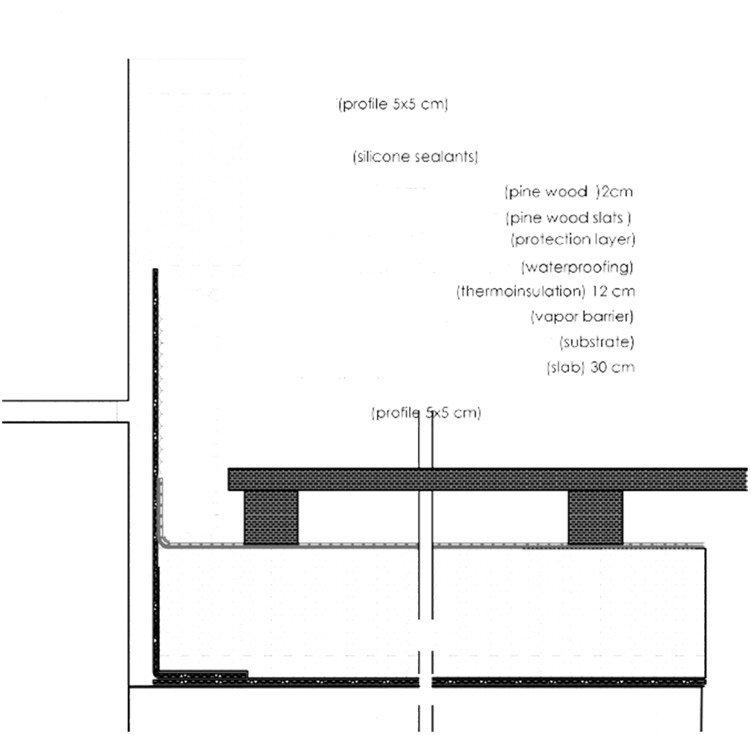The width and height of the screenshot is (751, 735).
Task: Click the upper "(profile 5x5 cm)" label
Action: pos(392,104)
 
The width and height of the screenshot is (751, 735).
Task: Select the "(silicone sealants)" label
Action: pos(415,156)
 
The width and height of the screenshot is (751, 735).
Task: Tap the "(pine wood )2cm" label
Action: pos(569,191)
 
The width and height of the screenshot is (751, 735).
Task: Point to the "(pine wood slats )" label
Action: pos(569,218)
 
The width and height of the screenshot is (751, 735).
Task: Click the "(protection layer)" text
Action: pos(573,239)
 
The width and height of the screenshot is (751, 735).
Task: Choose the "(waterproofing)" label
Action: pos(578,266)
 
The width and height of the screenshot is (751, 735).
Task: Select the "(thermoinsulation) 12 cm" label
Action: pos(546,292)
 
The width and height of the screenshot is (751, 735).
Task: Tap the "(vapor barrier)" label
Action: pos(582,316)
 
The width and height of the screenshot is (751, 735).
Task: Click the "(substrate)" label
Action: pos(597,342)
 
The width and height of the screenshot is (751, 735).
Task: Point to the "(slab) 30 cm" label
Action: pos(590,367)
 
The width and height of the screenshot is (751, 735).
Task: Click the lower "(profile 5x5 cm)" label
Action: pos(426,413)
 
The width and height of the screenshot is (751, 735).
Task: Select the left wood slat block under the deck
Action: pos(271,517)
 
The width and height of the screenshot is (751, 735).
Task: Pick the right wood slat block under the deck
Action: pos(595,517)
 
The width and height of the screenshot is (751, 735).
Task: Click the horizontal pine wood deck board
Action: pos(488,479)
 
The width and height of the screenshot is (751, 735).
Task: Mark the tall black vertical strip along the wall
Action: pos(155,449)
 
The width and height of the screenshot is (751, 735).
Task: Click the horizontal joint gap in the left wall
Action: pos(64,411)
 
